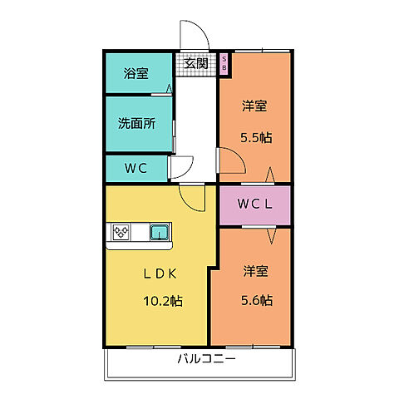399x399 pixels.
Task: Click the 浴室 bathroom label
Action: click(x=137, y=73)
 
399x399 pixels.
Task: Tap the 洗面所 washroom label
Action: click(x=137, y=124)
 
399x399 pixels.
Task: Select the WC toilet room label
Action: click(x=135, y=168)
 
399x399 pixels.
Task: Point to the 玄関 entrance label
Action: click(x=196, y=62)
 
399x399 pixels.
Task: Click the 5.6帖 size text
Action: click(x=256, y=300)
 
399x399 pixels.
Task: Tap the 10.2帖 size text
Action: click(x=165, y=300)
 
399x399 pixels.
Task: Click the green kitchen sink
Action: click(x=160, y=233)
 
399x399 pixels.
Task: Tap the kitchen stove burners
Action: click(x=121, y=233)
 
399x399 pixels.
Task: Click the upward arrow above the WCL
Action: click(x=270, y=176)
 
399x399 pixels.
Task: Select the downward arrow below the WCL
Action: click(x=270, y=234)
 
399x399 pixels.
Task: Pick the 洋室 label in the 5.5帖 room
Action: click(x=255, y=106)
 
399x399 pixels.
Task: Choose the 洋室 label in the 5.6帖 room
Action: click(x=255, y=271)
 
